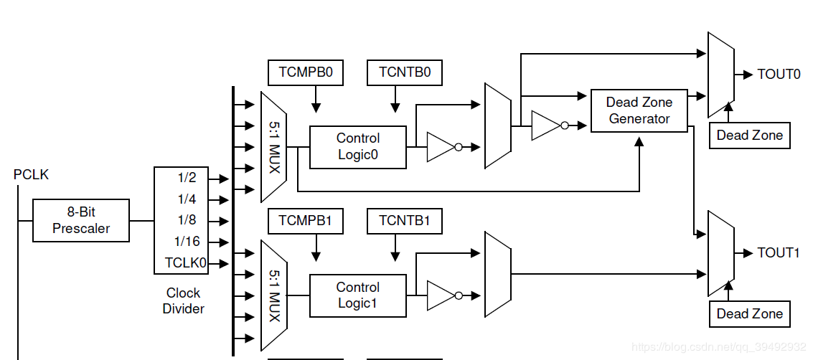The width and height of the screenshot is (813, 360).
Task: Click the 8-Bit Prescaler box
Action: pos(81,220)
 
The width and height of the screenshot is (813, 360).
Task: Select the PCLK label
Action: pos(31,174)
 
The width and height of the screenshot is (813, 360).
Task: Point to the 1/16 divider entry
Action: pos(187,242)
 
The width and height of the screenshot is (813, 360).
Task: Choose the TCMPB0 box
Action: pos(305,72)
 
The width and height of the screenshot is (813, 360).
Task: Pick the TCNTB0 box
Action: pos(405,72)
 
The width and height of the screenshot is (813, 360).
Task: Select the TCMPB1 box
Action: pos(305,221)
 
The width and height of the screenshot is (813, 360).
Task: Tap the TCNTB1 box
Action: pos(405,221)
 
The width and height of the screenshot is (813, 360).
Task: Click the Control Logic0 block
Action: pos(357,147)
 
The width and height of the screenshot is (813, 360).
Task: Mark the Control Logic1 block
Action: pos(357,295)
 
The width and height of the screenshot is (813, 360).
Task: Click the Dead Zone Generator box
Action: pos(639,110)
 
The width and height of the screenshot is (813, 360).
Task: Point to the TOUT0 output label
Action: pos(779,74)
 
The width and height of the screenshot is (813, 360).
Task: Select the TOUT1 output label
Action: pos(779,252)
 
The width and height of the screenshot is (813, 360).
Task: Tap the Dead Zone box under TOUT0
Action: pos(749,135)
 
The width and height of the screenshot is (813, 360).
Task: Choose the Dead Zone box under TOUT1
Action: pos(749,313)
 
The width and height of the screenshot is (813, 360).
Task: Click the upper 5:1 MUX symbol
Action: pos(274,147)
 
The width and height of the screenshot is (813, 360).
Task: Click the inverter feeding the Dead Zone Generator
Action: pos(548,125)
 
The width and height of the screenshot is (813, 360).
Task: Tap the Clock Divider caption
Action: pos(184,300)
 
